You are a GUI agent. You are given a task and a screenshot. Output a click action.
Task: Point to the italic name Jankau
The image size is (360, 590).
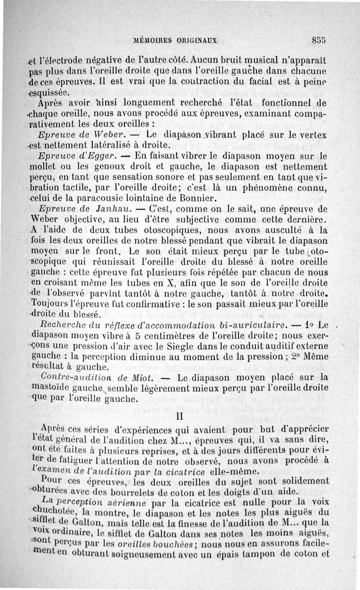[x=113, y=209]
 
